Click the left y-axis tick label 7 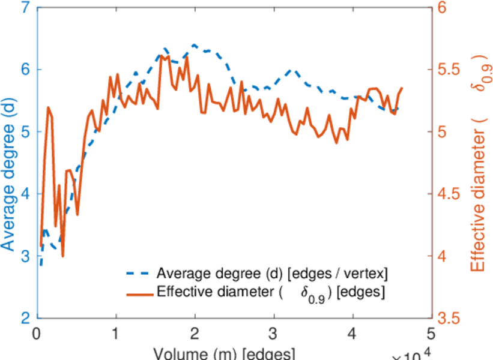pos(26,8)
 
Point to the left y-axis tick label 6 pos(26,70)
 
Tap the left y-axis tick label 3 pos(26,256)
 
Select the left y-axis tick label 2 pos(26,318)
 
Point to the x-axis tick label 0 pos(37,334)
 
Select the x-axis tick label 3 pos(273,334)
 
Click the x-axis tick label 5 pos(431,334)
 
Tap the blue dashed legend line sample pos(138,274)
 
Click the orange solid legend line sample pos(138,293)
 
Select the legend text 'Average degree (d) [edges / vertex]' pos(272,274)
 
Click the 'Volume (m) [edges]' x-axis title pos(224,353)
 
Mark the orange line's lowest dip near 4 pos(62,256)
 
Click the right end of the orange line pos(402,88)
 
